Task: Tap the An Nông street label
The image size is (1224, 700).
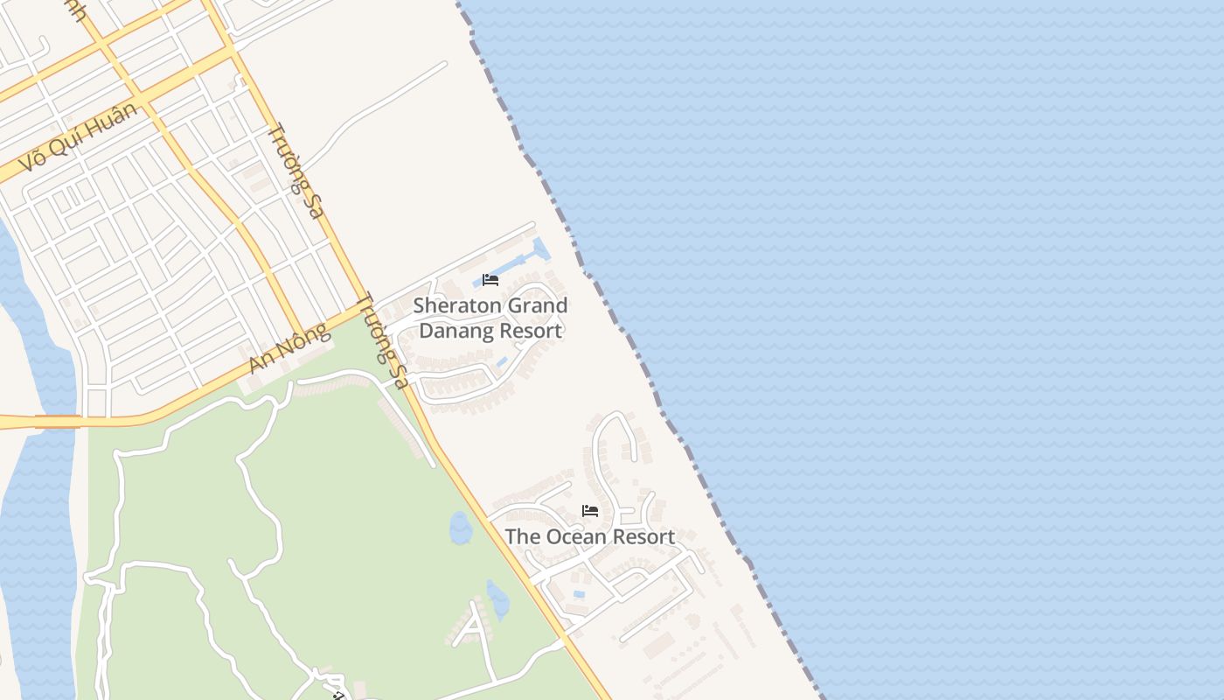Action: pos(289,348)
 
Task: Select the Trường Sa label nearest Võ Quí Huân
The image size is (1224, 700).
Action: pos(296,171)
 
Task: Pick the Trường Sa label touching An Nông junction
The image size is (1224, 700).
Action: pos(383,339)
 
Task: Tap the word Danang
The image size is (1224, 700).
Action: pos(453,331)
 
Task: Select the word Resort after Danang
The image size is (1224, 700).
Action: pos(526,331)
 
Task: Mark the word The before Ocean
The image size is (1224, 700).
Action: pos(521,536)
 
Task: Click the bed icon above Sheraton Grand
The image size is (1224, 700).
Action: pos(490,280)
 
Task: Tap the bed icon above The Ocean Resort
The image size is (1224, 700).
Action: pos(590,511)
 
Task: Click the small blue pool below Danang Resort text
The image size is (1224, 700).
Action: pos(502,361)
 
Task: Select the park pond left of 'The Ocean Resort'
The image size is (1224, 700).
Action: pos(460,528)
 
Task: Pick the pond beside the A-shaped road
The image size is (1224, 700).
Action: pos(497,599)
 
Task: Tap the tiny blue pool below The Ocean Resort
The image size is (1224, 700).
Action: pos(579,595)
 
